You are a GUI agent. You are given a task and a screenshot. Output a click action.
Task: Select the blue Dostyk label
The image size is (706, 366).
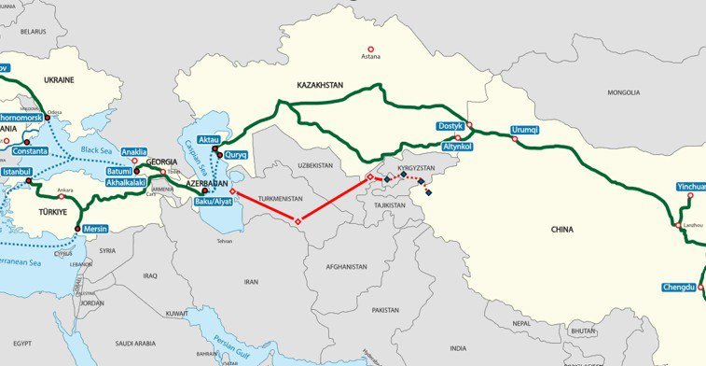point(450,126)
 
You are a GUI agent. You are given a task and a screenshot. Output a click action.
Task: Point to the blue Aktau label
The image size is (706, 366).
point(208,139)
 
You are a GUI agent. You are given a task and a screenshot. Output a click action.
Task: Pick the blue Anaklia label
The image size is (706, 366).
point(134,151)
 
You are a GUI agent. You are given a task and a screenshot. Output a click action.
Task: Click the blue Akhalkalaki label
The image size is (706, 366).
point(124,184)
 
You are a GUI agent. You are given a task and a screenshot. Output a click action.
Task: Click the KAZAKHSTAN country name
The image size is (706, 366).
point(320,85)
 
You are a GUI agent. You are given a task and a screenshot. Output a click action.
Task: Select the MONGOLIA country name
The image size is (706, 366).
point(622,93)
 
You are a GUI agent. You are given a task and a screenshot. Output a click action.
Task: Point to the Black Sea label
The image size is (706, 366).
point(95,150)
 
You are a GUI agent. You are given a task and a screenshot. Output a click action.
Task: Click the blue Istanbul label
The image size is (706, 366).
point(17,173)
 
